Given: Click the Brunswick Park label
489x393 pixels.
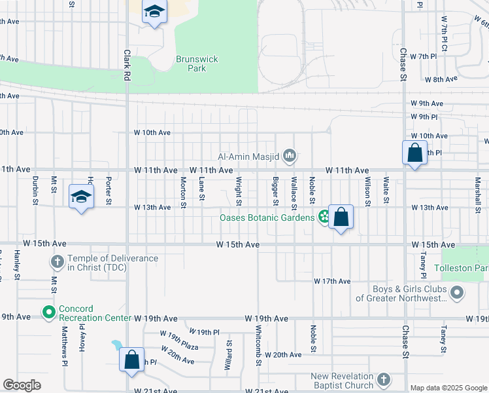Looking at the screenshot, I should (197, 64).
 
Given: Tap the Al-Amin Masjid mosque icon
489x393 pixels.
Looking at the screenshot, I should (290, 156).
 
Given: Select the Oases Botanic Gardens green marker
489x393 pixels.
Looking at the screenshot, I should (324, 217).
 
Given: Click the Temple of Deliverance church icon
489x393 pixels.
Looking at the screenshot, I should (57, 263).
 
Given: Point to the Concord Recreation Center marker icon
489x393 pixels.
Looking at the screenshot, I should (48, 313).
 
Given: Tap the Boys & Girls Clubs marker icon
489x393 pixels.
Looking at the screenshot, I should (458, 293).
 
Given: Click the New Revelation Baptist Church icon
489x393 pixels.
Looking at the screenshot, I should (384, 380).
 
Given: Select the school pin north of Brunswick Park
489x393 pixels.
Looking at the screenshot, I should (155, 12).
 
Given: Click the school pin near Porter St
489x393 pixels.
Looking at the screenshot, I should (81, 196).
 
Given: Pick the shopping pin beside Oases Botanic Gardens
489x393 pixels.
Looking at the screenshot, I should (341, 216).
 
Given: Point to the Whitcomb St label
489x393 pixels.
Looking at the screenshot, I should (260, 341).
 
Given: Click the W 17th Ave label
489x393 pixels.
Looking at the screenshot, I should (333, 281).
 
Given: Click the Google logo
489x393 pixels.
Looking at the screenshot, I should (22, 385).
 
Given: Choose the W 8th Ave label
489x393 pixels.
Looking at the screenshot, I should (441, 79).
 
